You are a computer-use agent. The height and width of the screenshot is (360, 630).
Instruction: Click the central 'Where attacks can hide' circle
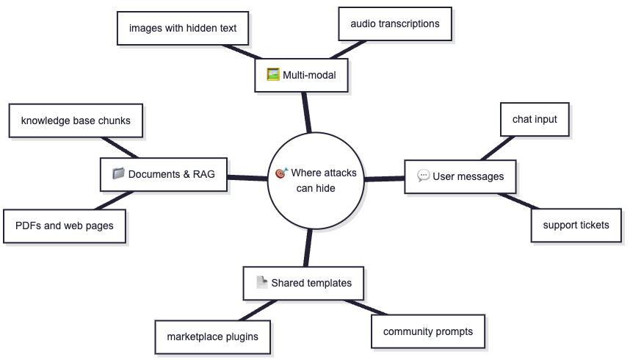[x=316, y=181]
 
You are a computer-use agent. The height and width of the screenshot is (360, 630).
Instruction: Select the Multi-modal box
[x=301, y=75]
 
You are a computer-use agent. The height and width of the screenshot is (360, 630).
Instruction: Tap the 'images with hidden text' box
[x=183, y=28]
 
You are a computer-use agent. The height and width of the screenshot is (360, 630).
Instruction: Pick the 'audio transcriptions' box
[x=395, y=24]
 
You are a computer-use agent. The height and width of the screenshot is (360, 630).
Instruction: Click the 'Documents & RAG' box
[x=164, y=174]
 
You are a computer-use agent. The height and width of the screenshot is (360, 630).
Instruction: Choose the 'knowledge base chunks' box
[x=76, y=120]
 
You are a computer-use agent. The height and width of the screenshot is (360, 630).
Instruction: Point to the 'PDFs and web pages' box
[x=65, y=226]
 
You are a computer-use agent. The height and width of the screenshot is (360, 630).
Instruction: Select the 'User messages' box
[x=460, y=176]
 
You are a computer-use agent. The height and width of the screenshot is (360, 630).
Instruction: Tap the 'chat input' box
[x=535, y=120]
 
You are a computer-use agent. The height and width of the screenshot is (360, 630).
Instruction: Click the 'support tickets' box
[x=576, y=226]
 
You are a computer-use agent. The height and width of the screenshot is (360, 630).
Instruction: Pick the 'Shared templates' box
[x=304, y=283]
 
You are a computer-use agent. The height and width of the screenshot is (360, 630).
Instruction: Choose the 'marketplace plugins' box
[x=212, y=337]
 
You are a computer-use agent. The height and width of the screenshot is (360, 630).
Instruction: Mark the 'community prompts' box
[x=428, y=331]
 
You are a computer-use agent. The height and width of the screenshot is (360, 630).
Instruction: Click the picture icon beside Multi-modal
[x=273, y=74]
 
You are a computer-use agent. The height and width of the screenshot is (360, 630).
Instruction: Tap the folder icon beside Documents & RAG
[x=118, y=173]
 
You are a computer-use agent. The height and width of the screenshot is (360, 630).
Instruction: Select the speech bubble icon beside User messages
[x=423, y=176]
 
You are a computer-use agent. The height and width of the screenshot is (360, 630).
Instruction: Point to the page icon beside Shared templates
[x=261, y=282]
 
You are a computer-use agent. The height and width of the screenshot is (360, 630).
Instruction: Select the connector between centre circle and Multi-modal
[x=307, y=112]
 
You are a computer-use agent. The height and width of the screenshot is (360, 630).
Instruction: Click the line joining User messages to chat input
[x=497, y=148]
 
